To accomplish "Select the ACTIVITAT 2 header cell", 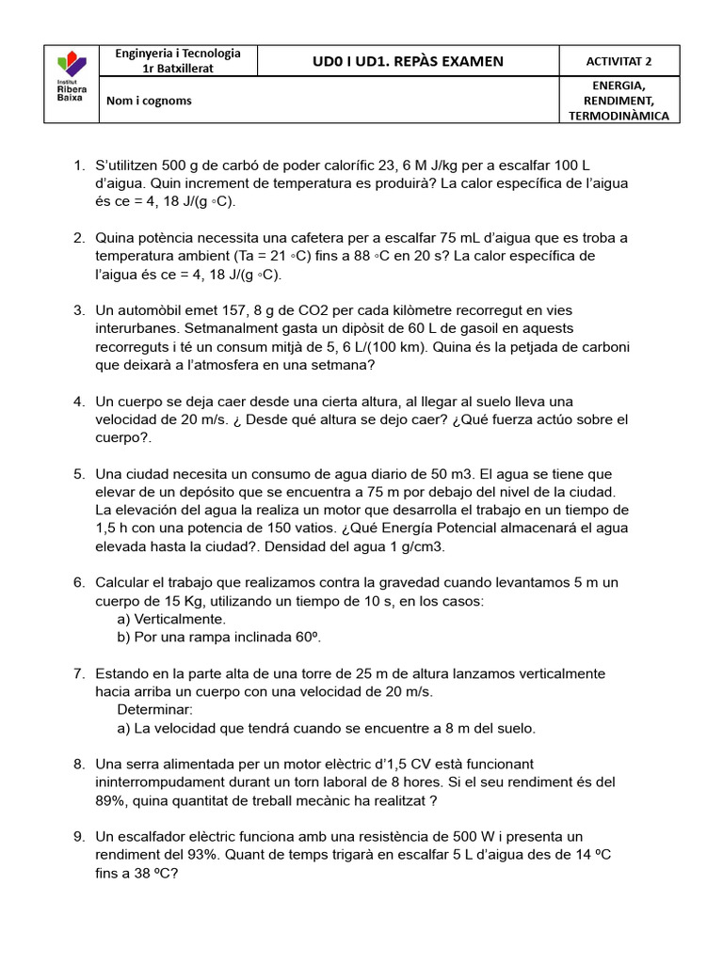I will point(619,61).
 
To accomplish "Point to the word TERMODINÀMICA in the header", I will point(619,116).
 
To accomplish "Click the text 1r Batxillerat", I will point(178,69).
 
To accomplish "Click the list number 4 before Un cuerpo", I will point(79,402).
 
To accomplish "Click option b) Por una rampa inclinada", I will point(219,637).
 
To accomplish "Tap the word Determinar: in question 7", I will point(155,709).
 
